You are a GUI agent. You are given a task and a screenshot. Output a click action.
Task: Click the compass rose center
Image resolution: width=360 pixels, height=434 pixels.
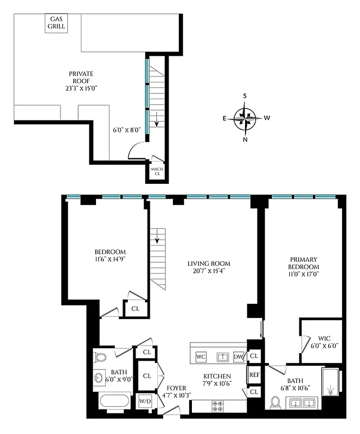[245, 118]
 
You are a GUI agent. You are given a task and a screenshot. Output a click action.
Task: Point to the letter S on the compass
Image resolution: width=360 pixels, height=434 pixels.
[245, 97]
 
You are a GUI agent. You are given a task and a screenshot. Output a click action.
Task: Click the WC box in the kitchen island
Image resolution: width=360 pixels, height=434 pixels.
[201, 356]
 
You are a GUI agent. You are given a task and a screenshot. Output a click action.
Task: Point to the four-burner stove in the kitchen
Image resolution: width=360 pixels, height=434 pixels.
[217, 406]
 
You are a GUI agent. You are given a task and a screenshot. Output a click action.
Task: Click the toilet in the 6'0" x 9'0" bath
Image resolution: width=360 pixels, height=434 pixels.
[100, 357]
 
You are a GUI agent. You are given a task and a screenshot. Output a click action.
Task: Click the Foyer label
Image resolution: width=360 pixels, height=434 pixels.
[176, 388]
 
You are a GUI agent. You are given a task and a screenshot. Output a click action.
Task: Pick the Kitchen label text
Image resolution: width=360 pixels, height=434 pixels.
[217, 376]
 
